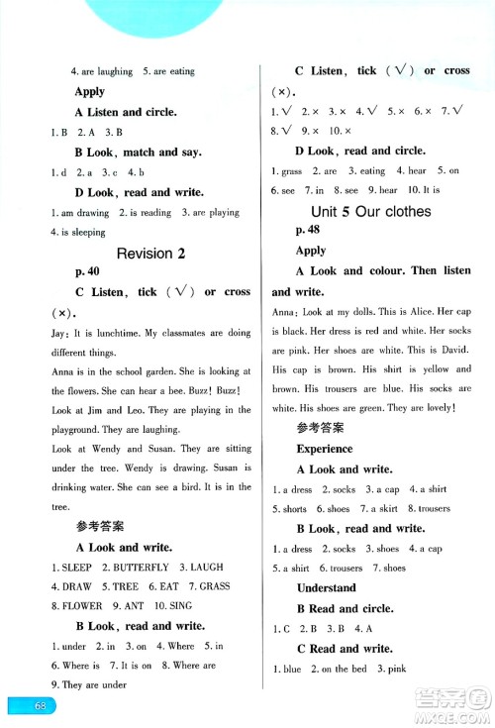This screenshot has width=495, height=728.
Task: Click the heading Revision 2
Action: coord(150,254)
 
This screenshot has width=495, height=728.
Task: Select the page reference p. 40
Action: coord(88,271)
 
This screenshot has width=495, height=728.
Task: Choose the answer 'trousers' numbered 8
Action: coord(429,508)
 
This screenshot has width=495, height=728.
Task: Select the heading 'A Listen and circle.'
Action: coord(126,112)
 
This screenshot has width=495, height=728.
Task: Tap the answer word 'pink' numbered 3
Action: coord(394,669)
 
